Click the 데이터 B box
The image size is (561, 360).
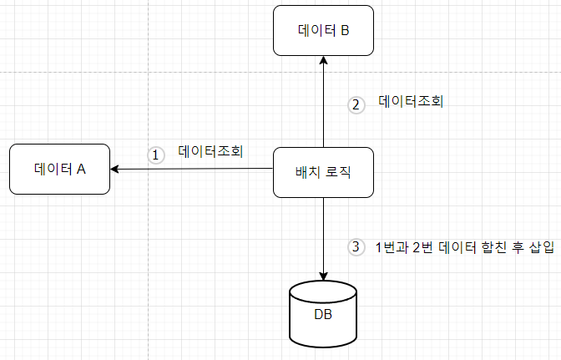tap(323, 31)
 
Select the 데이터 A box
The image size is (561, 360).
tap(60, 169)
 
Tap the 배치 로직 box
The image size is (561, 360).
tap(323, 173)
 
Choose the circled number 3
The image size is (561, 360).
tap(356, 247)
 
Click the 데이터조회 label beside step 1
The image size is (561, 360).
tap(210, 152)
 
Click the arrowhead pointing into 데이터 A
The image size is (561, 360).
tap(116, 170)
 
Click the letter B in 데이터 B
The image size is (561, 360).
tap(344, 32)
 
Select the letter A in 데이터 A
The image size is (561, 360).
tap(82, 169)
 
